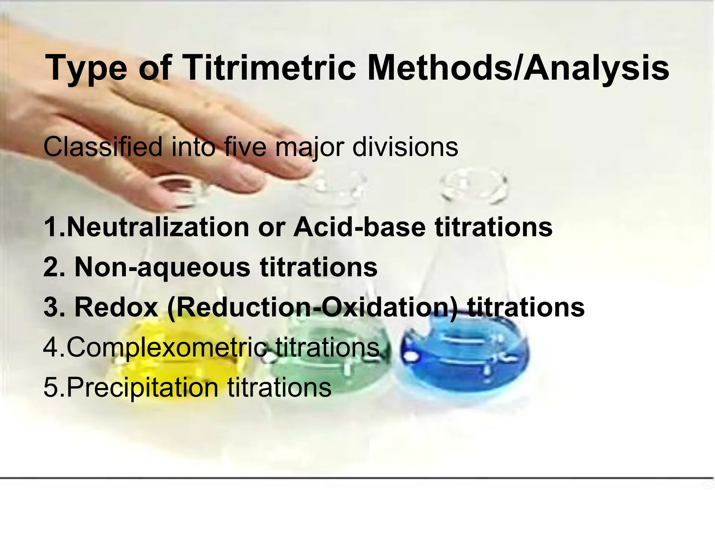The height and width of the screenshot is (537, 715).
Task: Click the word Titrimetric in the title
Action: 269,68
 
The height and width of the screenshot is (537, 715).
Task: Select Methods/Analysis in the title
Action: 518,68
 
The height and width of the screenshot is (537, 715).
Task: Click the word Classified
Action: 103,147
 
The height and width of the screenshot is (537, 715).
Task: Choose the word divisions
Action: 405,147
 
